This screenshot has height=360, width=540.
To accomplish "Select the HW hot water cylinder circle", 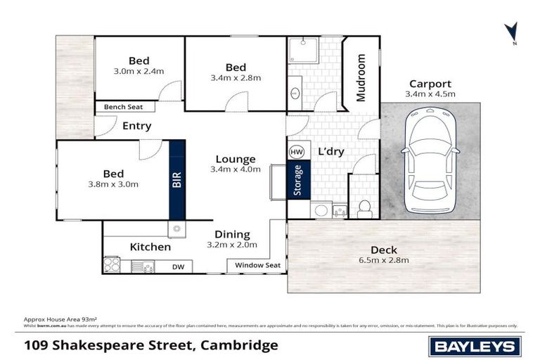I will click(x=296, y=152).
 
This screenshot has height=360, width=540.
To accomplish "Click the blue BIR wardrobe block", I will click(x=176, y=180).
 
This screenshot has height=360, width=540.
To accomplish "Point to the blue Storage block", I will click(x=297, y=181).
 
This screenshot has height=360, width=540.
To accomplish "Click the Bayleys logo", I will click(x=475, y=345).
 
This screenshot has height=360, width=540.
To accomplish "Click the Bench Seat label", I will click(x=122, y=107).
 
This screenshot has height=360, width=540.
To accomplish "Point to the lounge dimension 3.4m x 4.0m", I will click(x=235, y=169).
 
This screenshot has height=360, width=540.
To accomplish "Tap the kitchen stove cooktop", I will click(x=112, y=265).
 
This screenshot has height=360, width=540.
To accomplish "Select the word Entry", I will click(x=136, y=126).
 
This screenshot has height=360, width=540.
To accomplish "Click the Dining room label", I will click(x=232, y=234).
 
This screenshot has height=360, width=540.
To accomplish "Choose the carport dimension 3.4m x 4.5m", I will click(x=430, y=94).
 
